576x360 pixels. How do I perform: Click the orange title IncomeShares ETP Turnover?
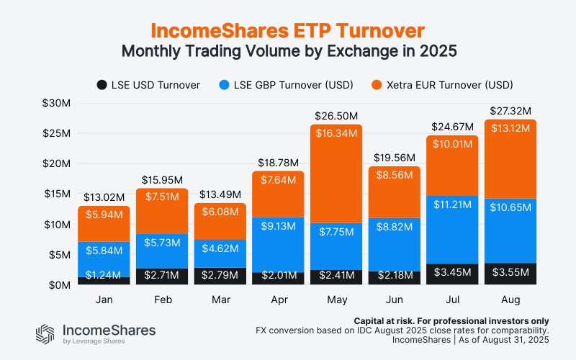[287, 30]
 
